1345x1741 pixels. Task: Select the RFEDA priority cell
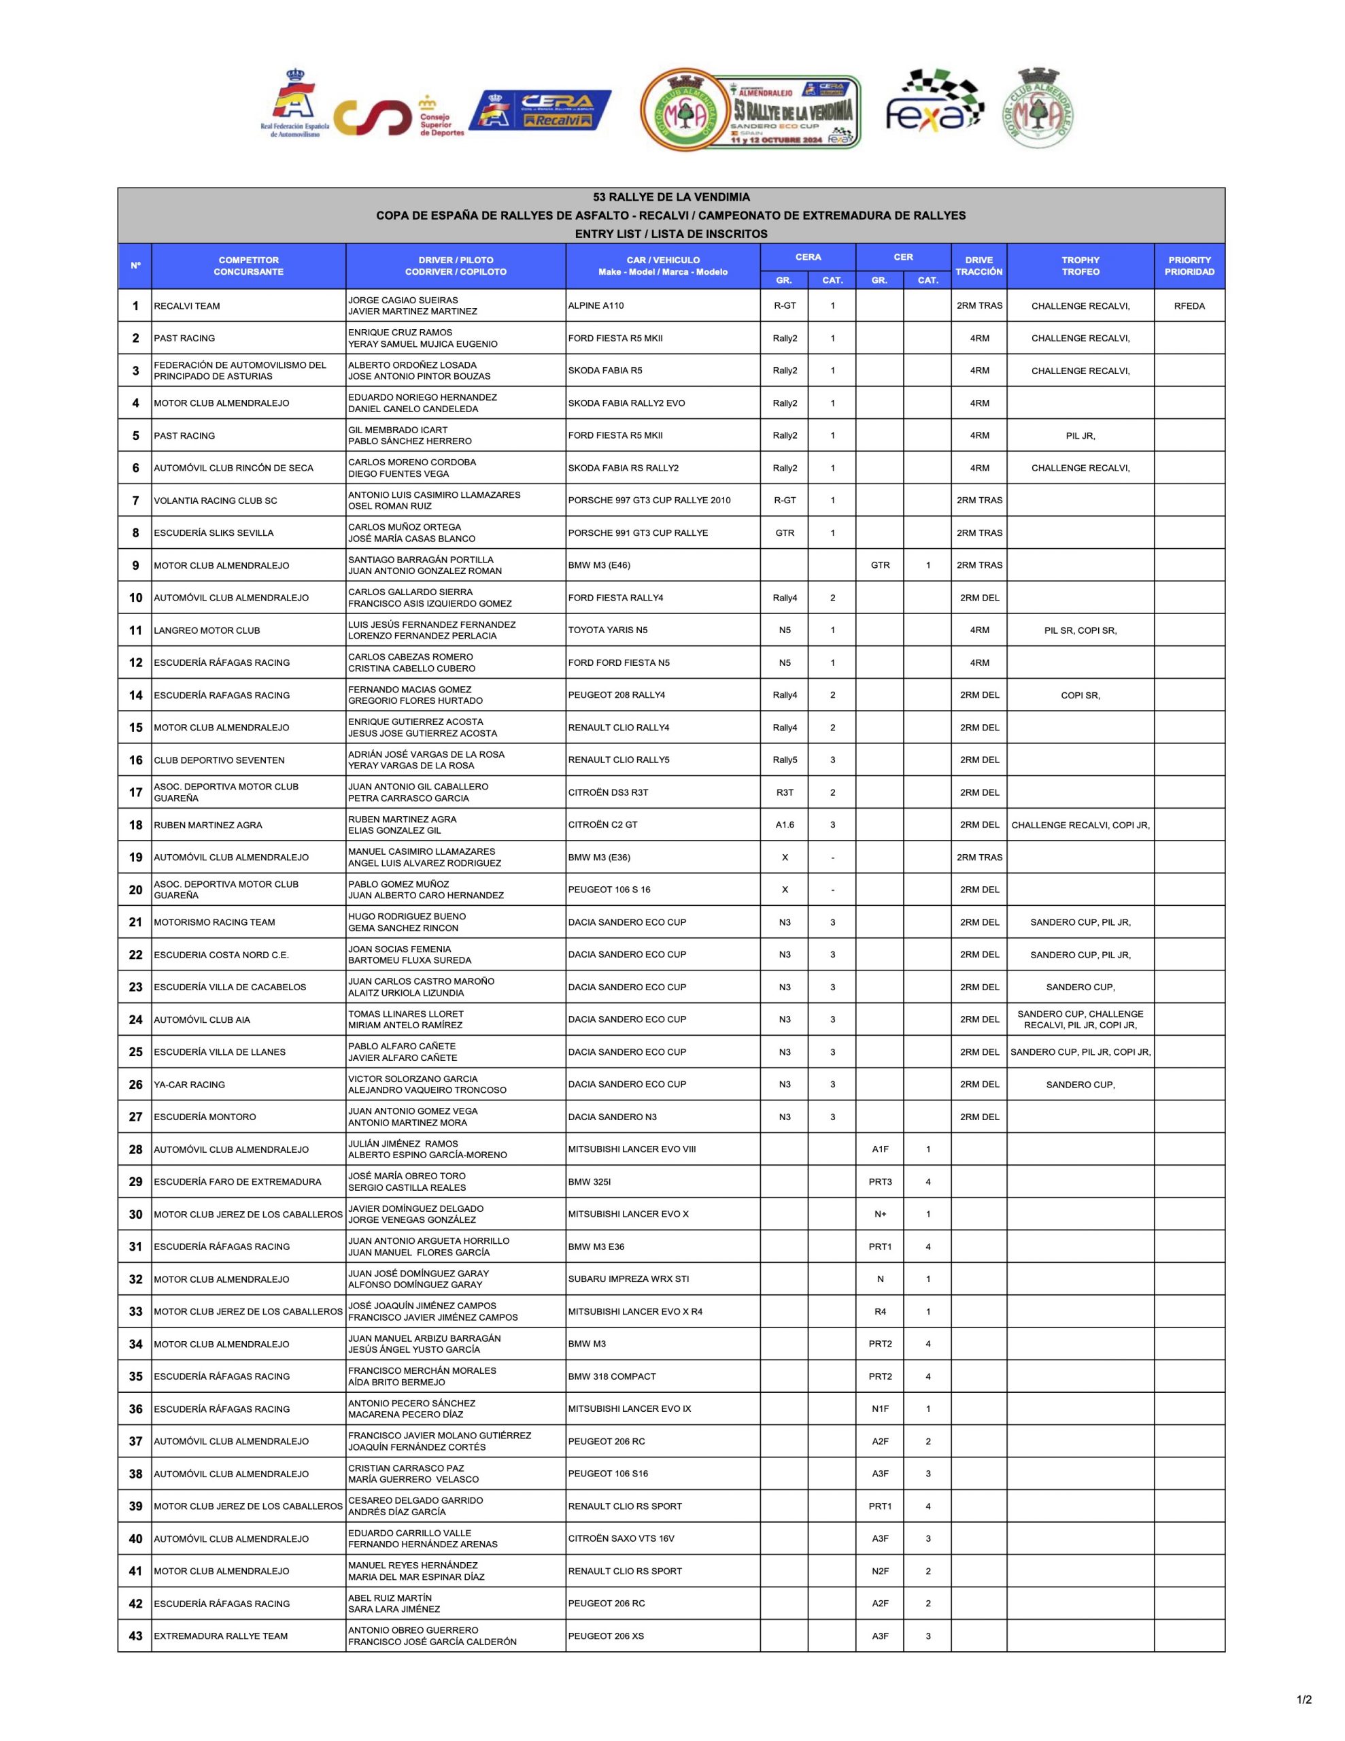click(x=1189, y=305)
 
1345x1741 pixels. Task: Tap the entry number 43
click(x=135, y=1636)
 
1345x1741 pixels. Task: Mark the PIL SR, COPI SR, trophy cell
click(x=1080, y=630)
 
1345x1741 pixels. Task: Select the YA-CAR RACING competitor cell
click(x=189, y=1084)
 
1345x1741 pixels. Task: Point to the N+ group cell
click(x=879, y=1214)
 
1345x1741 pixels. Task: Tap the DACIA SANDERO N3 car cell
click(x=612, y=1117)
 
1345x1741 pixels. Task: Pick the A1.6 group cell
click(x=785, y=825)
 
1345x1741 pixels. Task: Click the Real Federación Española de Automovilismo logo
click(x=294, y=103)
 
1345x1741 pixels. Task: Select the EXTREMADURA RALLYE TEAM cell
click(x=220, y=1636)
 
